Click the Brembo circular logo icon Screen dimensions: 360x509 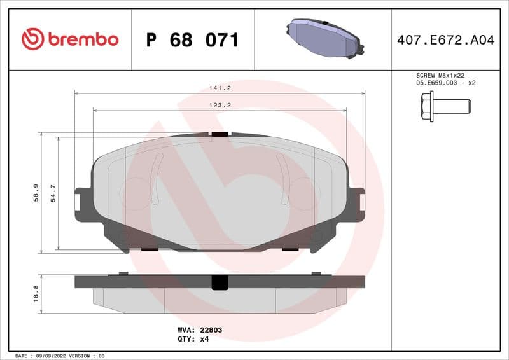click(32, 39)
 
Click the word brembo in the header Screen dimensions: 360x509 click(82, 39)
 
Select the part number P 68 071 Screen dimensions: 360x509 click(192, 40)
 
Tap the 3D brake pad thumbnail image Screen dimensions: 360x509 click(323, 39)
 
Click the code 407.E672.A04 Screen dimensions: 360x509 click(445, 40)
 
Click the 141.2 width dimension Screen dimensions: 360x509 click(220, 88)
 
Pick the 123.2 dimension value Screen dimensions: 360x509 click(220, 105)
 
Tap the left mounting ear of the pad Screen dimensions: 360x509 click(82, 204)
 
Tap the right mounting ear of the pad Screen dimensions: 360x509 click(357, 204)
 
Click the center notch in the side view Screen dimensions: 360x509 click(220, 282)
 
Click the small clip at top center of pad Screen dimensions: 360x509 click(220, 134)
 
